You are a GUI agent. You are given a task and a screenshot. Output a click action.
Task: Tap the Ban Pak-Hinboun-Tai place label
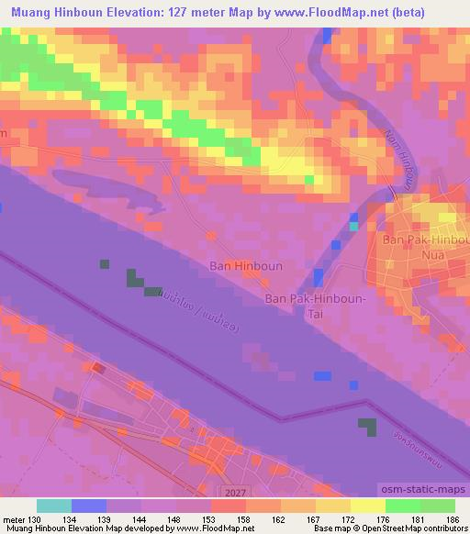coord(315,306)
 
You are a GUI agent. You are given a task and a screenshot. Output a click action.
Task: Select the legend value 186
coord(452,518)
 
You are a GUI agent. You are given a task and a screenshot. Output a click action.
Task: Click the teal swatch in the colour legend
coord(54,506)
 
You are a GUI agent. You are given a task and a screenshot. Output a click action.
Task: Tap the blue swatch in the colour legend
coord(89,506)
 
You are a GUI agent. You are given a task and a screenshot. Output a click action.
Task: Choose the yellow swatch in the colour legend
coord(367,506)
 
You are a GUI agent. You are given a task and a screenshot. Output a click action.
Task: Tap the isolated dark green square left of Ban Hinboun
coord(105,264)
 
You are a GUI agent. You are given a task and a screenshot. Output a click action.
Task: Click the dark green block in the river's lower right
coord(367,427)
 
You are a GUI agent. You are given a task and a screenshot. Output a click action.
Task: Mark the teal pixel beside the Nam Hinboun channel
coord(354,226)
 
